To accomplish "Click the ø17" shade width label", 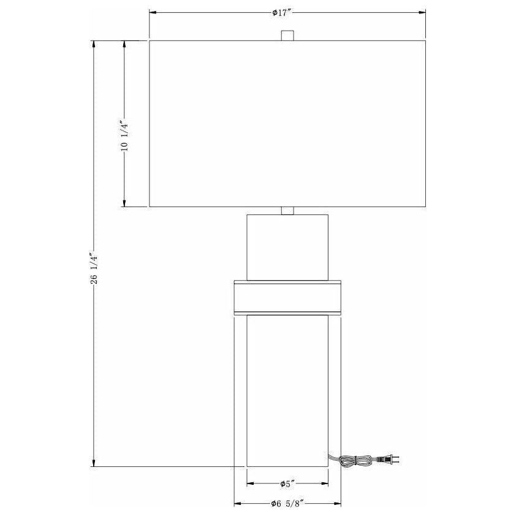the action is pyautogui.click(x=283, y=13).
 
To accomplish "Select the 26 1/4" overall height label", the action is pyautogui.click(x=94, y=268).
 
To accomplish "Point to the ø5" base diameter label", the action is pyautogui.click(x=287, y=484).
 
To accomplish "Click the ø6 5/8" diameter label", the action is pyautogui.click(x=287, y=504).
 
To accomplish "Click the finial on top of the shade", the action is pyautogui.click(x=287, y=36).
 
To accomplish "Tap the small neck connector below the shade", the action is pyautogui.click(x=287, y=211).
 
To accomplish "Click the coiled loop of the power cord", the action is pyautogui.click(x=355, y=460).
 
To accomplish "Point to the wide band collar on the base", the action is pyautogui.click(x=287, y=298).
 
